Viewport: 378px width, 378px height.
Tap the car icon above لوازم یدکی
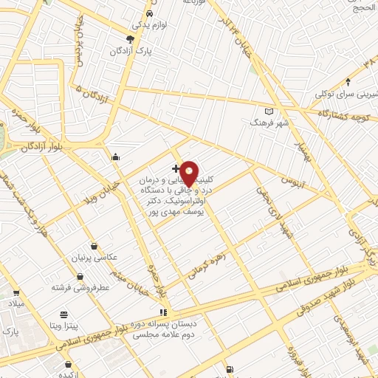point(149,15)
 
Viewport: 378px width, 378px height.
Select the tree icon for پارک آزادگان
point(131,39)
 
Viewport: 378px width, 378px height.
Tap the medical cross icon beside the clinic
point(175,169)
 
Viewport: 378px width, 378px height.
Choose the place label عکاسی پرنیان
point(94,258)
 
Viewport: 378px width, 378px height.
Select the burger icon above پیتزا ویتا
point(64,313)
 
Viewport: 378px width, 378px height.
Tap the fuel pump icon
point(230,368)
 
